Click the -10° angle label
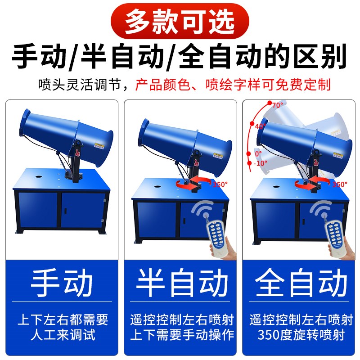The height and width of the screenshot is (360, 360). (261, 162)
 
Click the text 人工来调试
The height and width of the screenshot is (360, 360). (63, 335)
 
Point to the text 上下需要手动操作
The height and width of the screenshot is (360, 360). (182, 335)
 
